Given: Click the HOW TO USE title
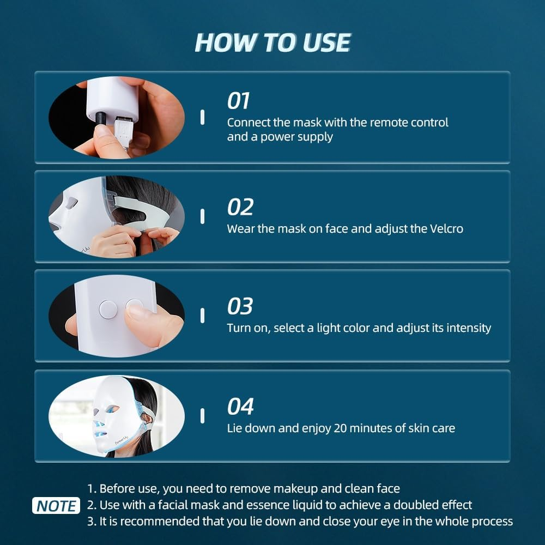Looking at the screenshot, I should pyautogui.click(x=272, y=43).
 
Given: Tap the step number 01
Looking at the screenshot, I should pyautogui.click(x=238, y=101).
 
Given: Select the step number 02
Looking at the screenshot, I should pyautogui.click(x=240, y=208).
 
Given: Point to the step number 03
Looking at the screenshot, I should pyautogui.click(x=240, y=306).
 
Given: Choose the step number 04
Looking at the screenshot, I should pyautogui.click(x=240, y=407).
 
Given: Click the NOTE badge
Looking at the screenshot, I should pyautogui.click(x=56, y=506).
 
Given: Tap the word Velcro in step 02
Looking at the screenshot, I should pyautogui.click(x=445, y=228).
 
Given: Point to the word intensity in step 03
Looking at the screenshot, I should pyautogui.click(x=468, y=328).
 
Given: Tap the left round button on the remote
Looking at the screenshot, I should pyautogui.click(x=108, y=310).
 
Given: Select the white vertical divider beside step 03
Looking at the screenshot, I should pyautogui.click(x=203, y=316).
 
